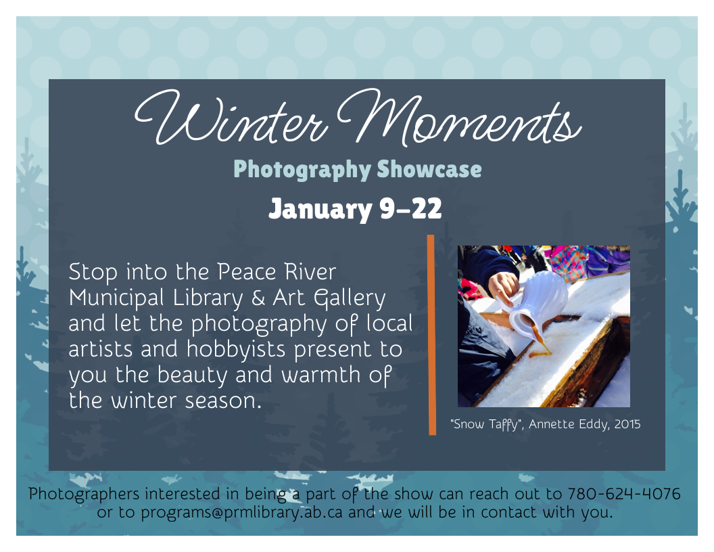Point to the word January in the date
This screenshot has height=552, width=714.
[319, 209]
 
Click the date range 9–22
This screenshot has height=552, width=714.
[410, 209]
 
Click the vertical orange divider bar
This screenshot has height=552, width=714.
[431, 334]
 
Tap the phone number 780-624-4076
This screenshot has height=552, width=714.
[624, 493]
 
